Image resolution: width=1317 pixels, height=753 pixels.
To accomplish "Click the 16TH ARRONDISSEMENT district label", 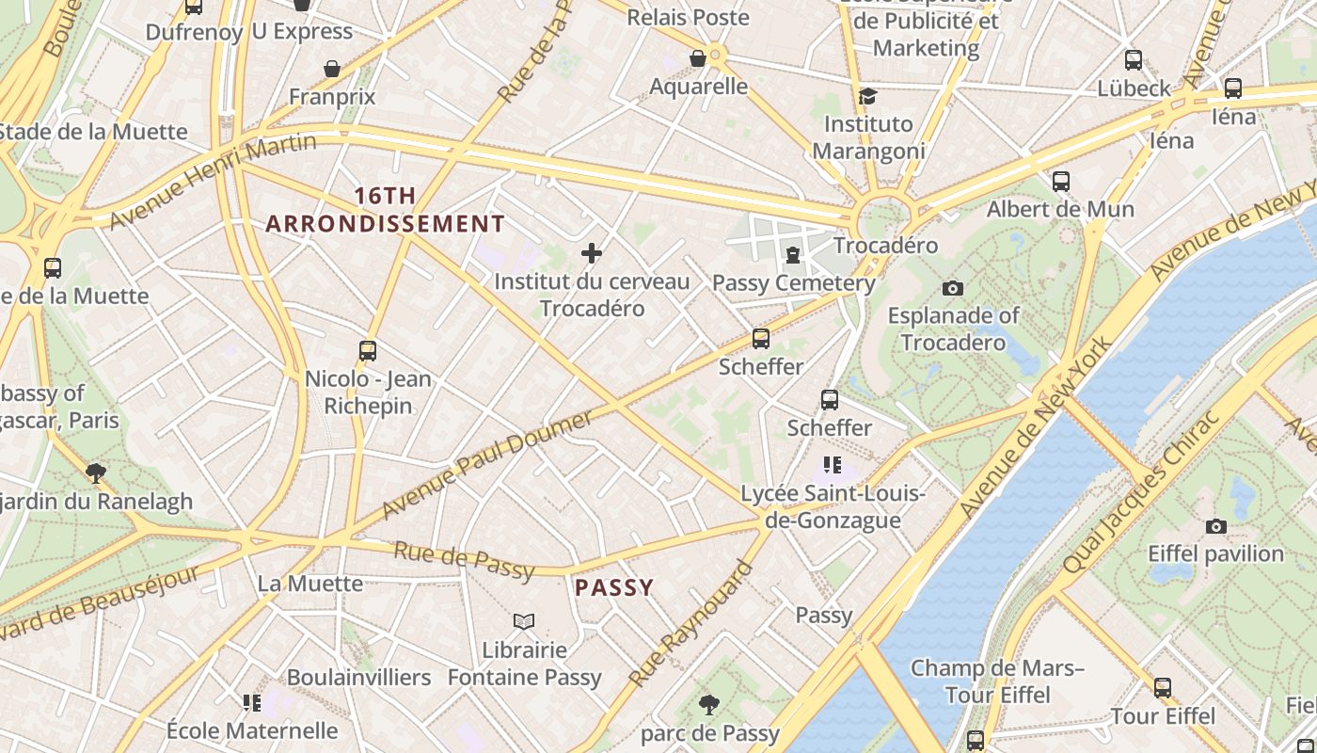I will coord(385,210).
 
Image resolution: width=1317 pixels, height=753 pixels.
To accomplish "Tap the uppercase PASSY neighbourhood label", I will coord(613,588).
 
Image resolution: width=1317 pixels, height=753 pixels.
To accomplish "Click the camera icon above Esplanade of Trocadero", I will coord(952,288).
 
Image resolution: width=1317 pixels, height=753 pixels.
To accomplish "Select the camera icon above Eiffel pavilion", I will coord(1215,526).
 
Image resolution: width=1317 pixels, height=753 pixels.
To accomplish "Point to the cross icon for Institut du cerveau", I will coord(592,253).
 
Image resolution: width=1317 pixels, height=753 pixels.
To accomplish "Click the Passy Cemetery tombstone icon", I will coord(793,255).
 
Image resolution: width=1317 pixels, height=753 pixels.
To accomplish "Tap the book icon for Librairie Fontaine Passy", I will coord(524,621).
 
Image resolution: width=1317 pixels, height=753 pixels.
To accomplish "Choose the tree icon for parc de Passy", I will coord(709,704).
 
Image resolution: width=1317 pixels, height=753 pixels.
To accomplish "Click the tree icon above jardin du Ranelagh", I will coord(95,473).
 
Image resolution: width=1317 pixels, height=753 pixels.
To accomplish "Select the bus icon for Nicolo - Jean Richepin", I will coord(368,351).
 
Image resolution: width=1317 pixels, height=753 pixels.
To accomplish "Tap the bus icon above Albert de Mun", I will coord(1060,181).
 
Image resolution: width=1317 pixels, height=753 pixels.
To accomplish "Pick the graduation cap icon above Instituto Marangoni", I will coord(867,96).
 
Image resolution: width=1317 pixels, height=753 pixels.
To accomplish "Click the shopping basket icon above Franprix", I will coord(331,69).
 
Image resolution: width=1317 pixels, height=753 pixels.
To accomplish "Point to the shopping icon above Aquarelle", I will coord(698,58).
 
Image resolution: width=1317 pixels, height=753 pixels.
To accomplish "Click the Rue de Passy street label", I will coord(464,561).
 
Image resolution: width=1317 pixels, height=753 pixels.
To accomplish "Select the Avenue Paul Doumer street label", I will coord(487,464).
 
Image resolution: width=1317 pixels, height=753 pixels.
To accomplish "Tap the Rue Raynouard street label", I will coord(691,623).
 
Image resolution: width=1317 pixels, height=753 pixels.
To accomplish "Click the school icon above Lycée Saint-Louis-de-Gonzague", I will coord(832,464).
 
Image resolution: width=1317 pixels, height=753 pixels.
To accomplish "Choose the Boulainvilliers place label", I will coord(358,677).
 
